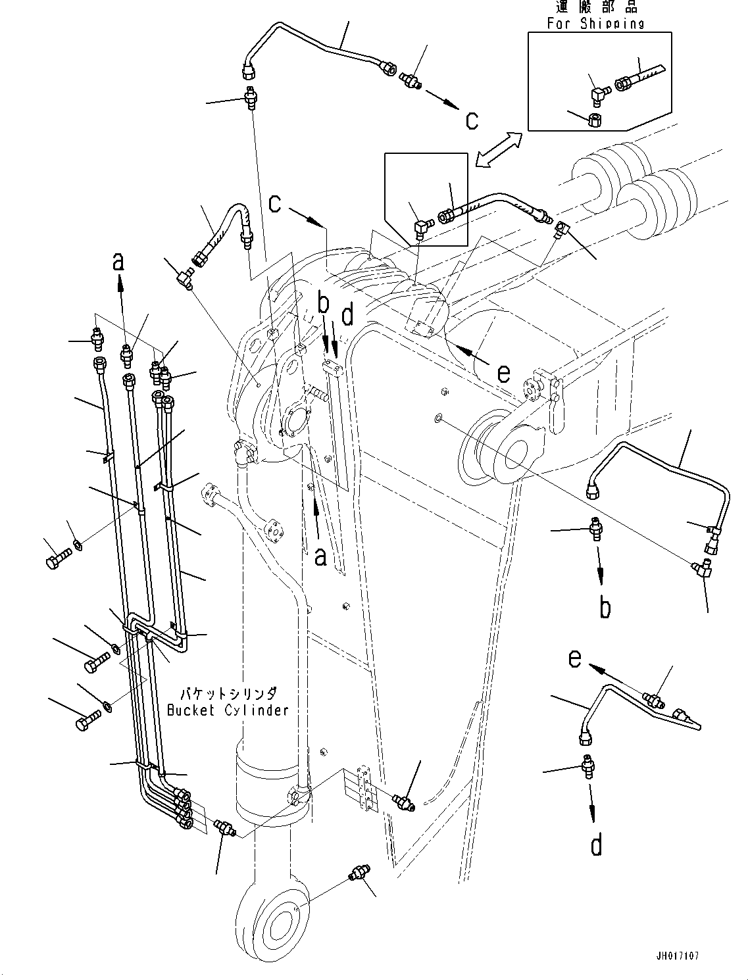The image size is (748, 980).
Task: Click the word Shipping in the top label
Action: pos(612,24)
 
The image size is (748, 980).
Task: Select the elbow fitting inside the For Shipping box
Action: pos(599,96)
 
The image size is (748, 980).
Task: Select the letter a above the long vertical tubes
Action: pos(118,262)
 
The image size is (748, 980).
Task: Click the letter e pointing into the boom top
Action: pos(503,374)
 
